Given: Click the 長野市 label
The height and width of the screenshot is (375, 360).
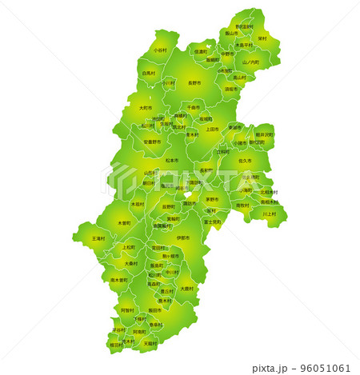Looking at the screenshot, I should pyautogui.click(x=194, y=82).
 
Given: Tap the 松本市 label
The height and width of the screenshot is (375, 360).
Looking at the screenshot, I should pyautogui.click(x=171, y=160).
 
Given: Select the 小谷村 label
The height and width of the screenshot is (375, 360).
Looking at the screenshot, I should pyautogui.click(x=160, y=50).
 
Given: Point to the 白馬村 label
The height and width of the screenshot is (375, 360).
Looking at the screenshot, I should pyautogui.click(x=149, y=73).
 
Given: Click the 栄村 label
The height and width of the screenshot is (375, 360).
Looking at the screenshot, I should pyautogui.click(x=262, y=38).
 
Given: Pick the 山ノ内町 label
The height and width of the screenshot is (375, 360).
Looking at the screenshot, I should pyautogui.click(x=251, y=62).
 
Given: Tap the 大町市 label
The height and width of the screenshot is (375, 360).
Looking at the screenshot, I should pyautogui.click(x=145, y=108).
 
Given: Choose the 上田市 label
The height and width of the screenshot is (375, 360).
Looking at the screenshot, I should pyautogui.click(x=212, y=129).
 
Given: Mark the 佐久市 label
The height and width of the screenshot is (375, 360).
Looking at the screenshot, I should pyautogui.click(x=244, y=161).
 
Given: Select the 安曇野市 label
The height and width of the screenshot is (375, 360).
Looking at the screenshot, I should pyautogui.click(x=152, y=142).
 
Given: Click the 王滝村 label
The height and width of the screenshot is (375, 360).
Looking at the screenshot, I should pyautogui.click(x=98, y=238).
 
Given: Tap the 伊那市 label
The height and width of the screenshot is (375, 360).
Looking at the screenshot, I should pyautogui.click(x=183, y=237).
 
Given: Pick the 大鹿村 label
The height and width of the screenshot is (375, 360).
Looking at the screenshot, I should pyautogui.click(x=185, y=289).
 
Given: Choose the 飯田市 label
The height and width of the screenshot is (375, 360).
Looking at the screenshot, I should pyautogui.click(x=155, y=310).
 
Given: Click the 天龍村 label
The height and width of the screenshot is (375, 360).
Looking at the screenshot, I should pyautogui.click(x=150, y=343).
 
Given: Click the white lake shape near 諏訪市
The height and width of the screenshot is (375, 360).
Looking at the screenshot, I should pyautogui.click(x=190, y=195).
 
